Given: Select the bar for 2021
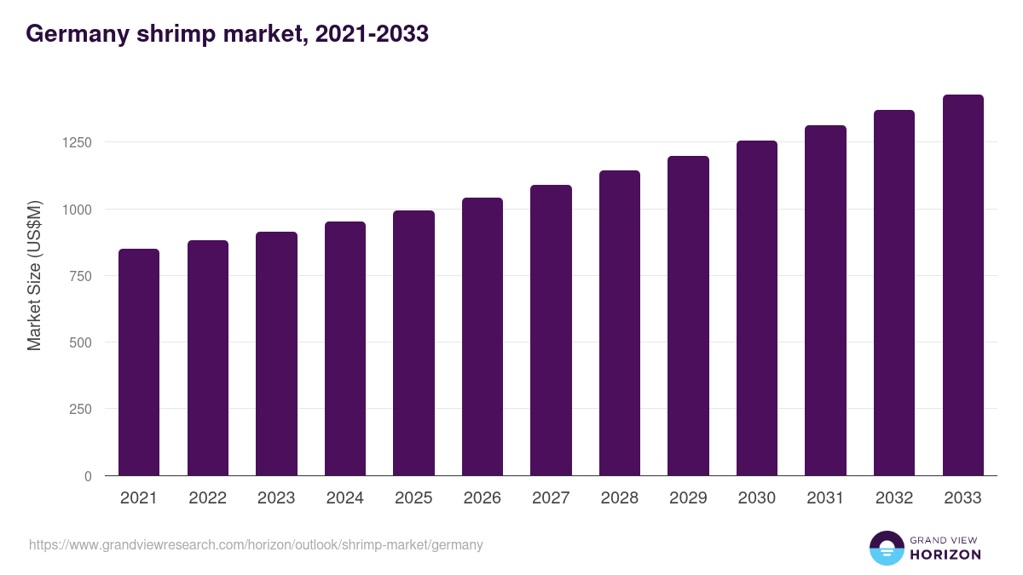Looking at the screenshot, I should click(x=139, y=362).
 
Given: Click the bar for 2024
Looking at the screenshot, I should click(x=345, y=348).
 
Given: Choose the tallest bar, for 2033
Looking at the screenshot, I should click(x=963, y=285).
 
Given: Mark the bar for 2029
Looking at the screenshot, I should click(x=688, y=316).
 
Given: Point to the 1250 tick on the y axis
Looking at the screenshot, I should click(x=76, y=142).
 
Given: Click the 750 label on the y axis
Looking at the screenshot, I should click(x=80, y=276).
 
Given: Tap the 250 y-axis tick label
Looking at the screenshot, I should click(x=80, y=409).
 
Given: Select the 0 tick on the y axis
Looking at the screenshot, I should click(x=88, y=476).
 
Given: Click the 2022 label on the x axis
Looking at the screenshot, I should click(x=207, y=498).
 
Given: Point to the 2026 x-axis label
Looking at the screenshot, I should click(x=483, y=498).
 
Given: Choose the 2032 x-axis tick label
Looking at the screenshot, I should click(x=894, y=498).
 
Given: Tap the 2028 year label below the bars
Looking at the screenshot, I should click(x=620, y=498).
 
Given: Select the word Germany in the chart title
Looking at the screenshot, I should click(x=76, y=35).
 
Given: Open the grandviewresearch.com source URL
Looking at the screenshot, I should click(x=256, y=544).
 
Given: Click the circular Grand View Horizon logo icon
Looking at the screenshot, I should click(x=886, y=548).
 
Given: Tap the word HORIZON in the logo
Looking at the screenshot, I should click(x=945, y=555).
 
